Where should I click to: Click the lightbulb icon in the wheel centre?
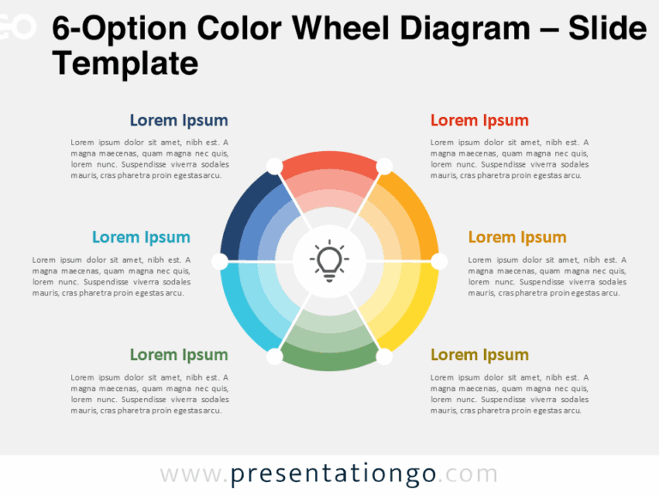tap(329, 260)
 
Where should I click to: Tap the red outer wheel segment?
tap(329, 162)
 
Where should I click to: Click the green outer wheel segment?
tap(329, 360)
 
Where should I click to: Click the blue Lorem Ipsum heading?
tap(178, 120)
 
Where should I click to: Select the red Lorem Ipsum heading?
tap(479, 120)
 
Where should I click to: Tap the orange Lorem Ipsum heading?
tap(517, 237)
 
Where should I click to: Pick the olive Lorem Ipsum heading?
tap(479, 354)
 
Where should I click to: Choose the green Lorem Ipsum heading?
tap(178, 354)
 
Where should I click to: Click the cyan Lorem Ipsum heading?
tap(141, 237)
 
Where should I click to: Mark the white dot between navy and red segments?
tap(275, 165)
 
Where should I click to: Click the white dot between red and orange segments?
tap(384, 165)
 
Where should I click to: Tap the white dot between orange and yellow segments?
tap(439, 260)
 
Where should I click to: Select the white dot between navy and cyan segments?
tap(220, 260)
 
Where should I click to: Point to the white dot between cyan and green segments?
tap(275, 355)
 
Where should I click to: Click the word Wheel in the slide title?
tap(340, 30)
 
